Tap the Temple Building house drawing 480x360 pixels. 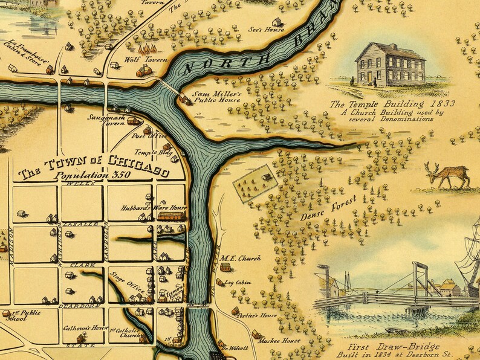pos(390,65)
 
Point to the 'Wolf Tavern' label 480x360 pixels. pos(137,60)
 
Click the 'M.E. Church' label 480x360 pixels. pos(241,258)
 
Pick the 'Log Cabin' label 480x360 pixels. pos(238,282)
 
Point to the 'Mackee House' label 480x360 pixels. pos(279,341)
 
